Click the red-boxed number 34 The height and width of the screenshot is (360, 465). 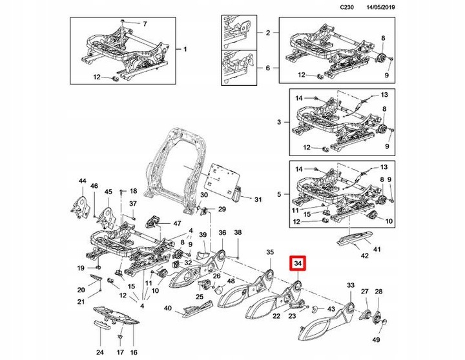tap(298, 264)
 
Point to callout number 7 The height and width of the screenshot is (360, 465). tap(144, 24)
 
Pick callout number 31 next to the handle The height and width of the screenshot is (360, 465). tap(258, 199)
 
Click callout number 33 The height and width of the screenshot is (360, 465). tap(351, 285)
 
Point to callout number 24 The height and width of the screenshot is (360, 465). tap(99, 353)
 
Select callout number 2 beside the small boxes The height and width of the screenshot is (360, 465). tap(267, 32)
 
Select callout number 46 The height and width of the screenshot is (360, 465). tap(94, 186)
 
